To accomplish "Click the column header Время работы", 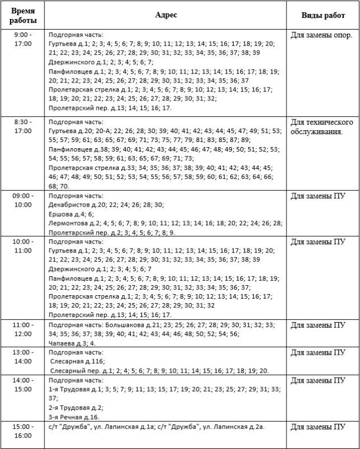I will click(x=24, y=15).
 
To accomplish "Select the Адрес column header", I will click(x=166, y=15).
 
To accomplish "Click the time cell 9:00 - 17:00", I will click(x=24, y=39).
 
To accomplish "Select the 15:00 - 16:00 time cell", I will click(x=24, y=430).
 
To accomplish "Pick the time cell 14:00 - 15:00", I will click(x=24, y=384).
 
